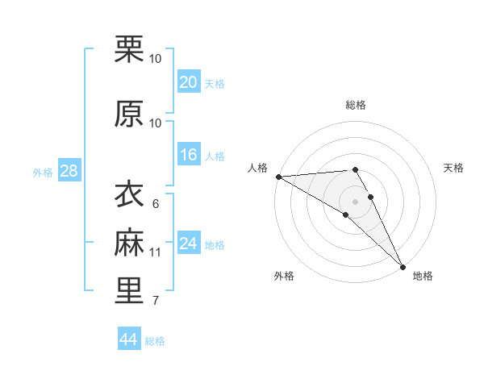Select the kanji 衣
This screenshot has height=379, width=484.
point(129,195)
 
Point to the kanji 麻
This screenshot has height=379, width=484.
point(129,243)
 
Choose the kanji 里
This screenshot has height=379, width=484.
point(129,291)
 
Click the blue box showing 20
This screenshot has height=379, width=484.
point(188,82)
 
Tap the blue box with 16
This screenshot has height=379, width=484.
point(188,156)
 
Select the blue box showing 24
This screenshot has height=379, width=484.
point(188,244)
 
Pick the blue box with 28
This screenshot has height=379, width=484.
point(69,171)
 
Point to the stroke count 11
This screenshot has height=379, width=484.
point(156,252)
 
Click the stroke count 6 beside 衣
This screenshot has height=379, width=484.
point(155,204)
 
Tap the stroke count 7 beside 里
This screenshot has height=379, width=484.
point(155,301)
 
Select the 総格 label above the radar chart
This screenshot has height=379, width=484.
point(355,105)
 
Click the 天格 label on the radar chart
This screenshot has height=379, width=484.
point(453,168)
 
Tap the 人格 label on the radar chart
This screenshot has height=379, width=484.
point(257,168)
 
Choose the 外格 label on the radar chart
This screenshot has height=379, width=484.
point(283,276)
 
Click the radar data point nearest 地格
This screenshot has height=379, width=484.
point(403,266)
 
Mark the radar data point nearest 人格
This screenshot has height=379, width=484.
point(278,177)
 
